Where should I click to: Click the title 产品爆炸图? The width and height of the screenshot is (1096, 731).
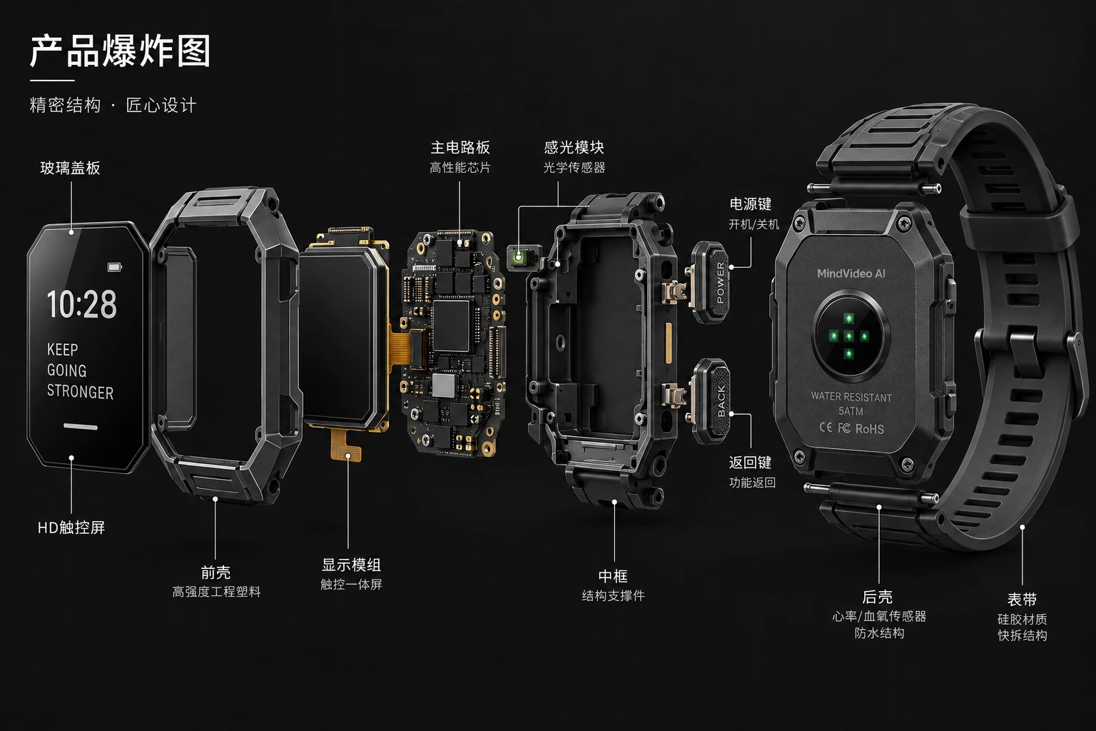tap(121, 51)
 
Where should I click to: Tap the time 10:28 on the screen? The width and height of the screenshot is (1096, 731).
tap(82, 304)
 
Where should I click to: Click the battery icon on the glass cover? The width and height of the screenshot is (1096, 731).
tap(114, 267)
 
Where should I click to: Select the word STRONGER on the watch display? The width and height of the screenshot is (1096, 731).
tap(80, 392)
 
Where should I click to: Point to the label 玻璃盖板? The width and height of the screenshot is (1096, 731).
tap(71, 168)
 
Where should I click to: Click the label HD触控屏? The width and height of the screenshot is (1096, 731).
tap(71, 528)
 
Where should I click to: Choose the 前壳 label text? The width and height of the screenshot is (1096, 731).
tap(215, 573)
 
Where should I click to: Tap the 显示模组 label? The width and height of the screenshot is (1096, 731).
tap(351, 565)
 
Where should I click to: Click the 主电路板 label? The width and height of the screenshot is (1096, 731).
tap(460, 147)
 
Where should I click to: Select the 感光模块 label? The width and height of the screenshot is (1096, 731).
tap(574, 147)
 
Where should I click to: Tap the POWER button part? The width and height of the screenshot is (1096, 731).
tap(711, 282)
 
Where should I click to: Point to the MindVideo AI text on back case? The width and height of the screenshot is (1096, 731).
tap(851, 273)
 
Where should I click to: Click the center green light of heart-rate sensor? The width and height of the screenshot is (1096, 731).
tap(849, 336)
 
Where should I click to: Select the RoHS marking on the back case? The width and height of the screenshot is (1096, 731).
tap(870, 429)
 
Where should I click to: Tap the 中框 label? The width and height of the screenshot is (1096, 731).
tap(613, 576)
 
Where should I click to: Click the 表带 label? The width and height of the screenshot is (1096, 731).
tap(1022, 600)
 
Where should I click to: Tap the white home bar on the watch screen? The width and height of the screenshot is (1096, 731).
tap(81, 426)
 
